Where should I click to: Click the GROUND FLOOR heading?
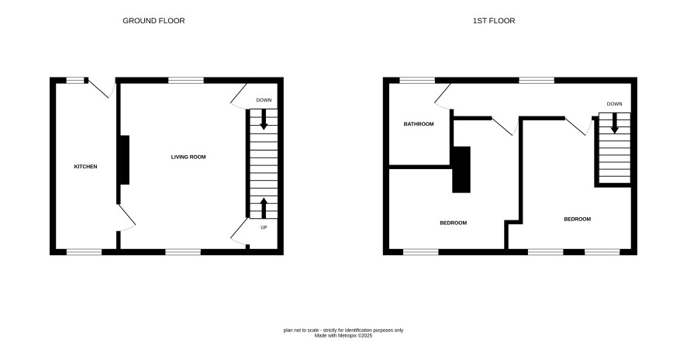click(154, 21)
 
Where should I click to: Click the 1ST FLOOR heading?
click(494, 21)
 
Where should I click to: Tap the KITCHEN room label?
click(85, 167)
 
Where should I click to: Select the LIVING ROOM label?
click(188, 157)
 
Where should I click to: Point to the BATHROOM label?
click(419, 124)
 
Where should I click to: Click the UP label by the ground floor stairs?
click(264, 227)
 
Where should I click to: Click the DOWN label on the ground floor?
click(264, 100)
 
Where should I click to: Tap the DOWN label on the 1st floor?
click(614, 104)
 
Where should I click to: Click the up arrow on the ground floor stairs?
click(264, 208)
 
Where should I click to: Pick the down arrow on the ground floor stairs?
click(264, 119)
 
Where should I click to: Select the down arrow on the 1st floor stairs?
click(615, 123)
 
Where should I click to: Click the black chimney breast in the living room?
click(125, 160)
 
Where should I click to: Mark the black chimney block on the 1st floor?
click(461, 169)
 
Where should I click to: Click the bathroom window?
click(417, 80)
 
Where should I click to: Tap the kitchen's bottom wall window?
click(84, 251)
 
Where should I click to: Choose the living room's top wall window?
click(186, 80)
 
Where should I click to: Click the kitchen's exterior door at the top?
click(102, 89)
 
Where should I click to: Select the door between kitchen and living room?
click(126, 218)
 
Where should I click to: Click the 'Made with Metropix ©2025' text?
click(343, 336)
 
